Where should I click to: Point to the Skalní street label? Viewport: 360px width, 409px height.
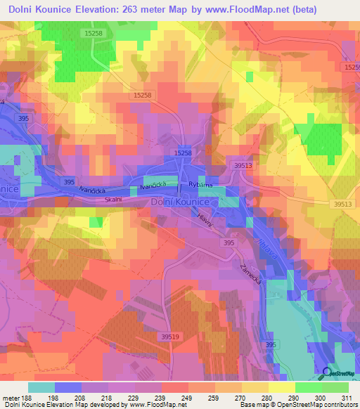113,200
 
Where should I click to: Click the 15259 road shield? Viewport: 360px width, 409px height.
352,67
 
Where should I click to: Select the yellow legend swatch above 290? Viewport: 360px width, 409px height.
282,387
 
